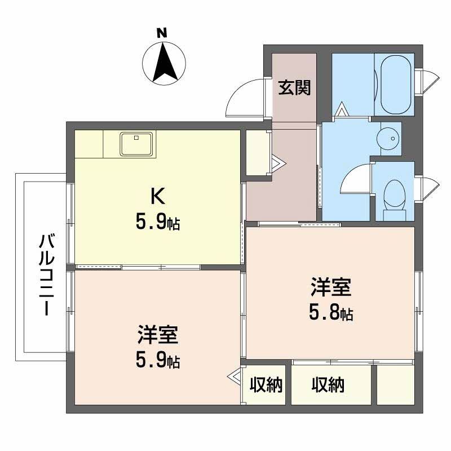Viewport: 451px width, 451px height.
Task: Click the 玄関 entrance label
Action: click(x=294, y=88)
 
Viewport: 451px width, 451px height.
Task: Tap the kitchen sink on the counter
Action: click(x=136, y=144)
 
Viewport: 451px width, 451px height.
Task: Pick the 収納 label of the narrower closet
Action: click(x=266, y=386)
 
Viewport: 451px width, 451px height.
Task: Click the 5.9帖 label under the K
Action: click(x=157, y=223)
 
